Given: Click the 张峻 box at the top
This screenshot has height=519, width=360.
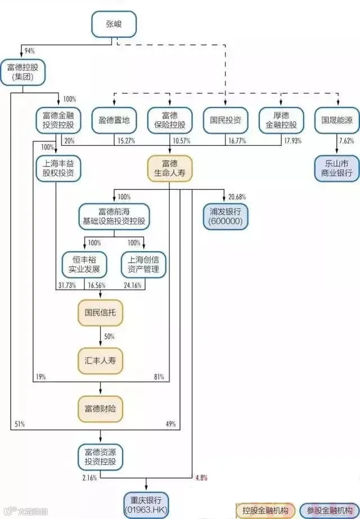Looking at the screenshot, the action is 114,24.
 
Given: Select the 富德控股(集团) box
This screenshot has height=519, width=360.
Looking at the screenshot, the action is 23,72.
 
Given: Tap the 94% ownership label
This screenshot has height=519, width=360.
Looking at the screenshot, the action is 29,51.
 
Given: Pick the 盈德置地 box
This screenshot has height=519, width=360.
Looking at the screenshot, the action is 114,120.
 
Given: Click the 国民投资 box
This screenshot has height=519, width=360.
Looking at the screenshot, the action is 226,120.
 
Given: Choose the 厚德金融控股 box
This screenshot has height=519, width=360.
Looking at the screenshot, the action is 281,120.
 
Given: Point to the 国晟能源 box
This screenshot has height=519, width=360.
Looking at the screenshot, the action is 337,120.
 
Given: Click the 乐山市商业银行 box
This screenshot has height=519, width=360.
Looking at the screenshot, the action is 337,168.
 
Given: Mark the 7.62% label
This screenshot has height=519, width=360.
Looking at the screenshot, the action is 346,141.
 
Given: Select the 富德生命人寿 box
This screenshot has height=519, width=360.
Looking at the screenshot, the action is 170,168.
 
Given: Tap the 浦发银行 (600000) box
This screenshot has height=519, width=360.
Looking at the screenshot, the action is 226,217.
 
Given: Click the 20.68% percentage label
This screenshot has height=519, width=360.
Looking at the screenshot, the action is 237,197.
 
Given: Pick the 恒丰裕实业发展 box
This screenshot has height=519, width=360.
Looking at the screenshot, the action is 84,265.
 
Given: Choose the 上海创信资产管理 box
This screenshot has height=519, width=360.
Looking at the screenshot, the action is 143,265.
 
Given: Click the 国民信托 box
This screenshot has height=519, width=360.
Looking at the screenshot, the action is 100,313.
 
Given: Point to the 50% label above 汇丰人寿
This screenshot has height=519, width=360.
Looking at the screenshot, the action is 109,337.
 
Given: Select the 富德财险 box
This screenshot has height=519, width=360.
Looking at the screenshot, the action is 100,409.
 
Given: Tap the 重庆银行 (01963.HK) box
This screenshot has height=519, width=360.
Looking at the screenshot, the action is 146,505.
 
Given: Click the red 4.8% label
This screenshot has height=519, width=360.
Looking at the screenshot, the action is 201,478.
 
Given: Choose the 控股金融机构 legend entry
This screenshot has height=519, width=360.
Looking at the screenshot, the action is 265,511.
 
